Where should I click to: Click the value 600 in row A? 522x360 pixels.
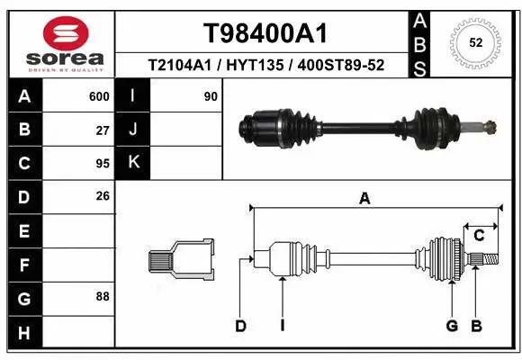pos(99,96)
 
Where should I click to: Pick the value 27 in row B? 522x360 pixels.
pos(103,130)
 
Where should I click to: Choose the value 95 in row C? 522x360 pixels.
pos(103,164)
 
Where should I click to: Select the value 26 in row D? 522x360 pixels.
pos(103,196)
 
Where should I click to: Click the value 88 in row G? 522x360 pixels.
pos(103,296)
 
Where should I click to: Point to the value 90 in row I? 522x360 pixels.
pos(211,96)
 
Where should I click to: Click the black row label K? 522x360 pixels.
pos(133,163)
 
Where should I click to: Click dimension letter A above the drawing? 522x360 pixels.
pos(364,199)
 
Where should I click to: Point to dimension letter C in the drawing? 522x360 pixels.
pos(480,236)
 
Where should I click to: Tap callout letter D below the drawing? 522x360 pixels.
pos(240,326)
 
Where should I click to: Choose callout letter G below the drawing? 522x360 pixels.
pos(452,326)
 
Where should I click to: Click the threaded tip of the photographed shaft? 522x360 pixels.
pos(488,127)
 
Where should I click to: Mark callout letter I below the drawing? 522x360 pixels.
pos(282,326)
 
